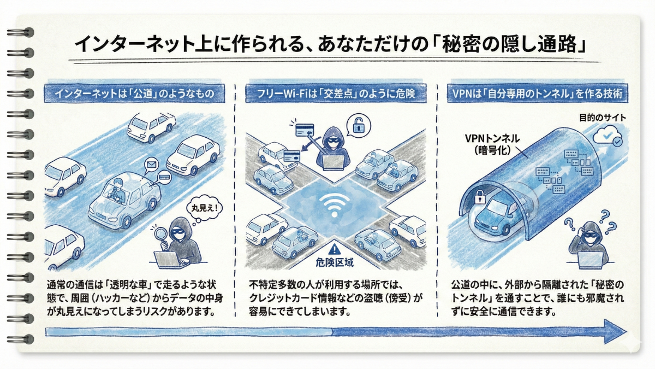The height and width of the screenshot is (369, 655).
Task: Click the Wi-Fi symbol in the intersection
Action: pos(335,206)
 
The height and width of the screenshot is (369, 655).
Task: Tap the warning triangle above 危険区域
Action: pos(334,249)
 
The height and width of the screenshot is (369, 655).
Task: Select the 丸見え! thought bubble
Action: pos(204,208)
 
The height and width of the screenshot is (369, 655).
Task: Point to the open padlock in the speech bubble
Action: pos(358,125)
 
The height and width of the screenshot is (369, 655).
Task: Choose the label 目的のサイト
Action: pos(603,118)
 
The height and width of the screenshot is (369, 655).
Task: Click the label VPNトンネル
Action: pos(492,138)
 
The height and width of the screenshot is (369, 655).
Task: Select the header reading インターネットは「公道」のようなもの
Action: pos(134,93)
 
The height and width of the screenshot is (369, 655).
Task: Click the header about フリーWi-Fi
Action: pos(336,93)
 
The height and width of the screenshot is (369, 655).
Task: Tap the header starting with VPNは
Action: pos(538,93)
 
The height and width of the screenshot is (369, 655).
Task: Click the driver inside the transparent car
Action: pos(117,190)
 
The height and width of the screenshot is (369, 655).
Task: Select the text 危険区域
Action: pos(335,262)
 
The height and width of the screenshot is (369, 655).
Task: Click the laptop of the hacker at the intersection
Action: pos(334,162)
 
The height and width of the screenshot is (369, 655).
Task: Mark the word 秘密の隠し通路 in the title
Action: pos(509,44)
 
